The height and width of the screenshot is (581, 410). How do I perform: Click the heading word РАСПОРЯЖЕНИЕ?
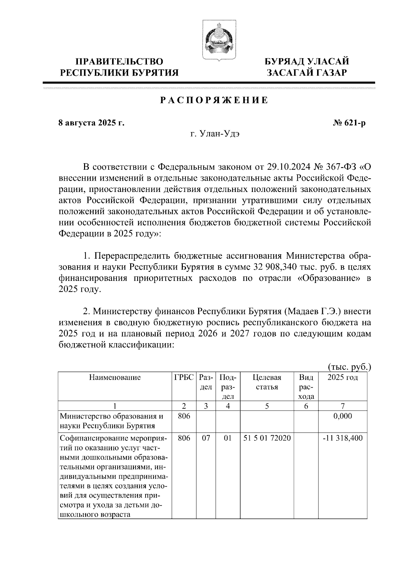point(214,101)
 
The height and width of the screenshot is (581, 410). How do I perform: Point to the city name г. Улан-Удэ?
point(215,134)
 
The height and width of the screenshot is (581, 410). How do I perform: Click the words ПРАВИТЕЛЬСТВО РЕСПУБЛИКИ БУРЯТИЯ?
point(119,67)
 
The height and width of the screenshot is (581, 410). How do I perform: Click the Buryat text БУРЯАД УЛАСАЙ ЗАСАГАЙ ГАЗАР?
point(307,67)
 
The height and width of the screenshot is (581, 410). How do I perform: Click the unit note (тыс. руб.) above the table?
point(349,367)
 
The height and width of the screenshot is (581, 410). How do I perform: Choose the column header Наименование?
point(115,377)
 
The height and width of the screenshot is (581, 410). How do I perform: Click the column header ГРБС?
point(184,377)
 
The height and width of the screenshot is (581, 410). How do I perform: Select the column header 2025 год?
point(342,377)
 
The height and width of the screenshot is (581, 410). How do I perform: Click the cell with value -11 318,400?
point(343,438)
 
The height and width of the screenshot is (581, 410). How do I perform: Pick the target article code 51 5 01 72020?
point(267,438)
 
